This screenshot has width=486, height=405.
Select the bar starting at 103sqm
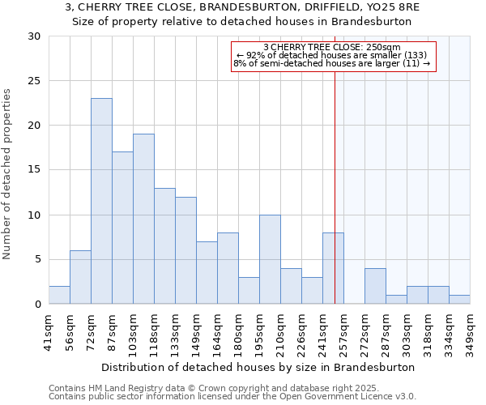coord(143,219)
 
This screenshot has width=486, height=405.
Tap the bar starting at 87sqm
coord(122,228)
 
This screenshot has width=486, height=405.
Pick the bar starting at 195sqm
coord(270,259)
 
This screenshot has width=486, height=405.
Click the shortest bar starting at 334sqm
coord(459,300)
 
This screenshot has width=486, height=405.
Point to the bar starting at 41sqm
coord(59,295)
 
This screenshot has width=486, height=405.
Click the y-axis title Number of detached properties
coord(8,174)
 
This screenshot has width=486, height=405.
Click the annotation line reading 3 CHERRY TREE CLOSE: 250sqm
coord(332,47)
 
